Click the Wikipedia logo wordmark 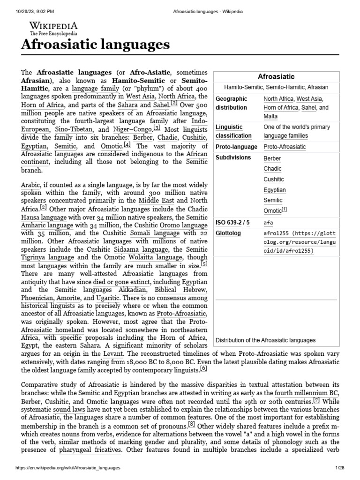tap(53, 26)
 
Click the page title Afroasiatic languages tap(95, 45)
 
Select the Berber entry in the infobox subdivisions tap(272, 158)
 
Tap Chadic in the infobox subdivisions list tap(272, 169)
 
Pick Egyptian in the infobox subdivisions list tap(275, 190)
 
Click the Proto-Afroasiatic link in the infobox tap(285, 147)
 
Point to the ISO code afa tap(268, 223)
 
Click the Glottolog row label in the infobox tap(228, 233)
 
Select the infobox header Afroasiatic tap(276, 76)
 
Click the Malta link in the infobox tap(270, 116)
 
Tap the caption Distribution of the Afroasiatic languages tap(265, 340)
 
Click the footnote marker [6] tap(203, 369)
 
